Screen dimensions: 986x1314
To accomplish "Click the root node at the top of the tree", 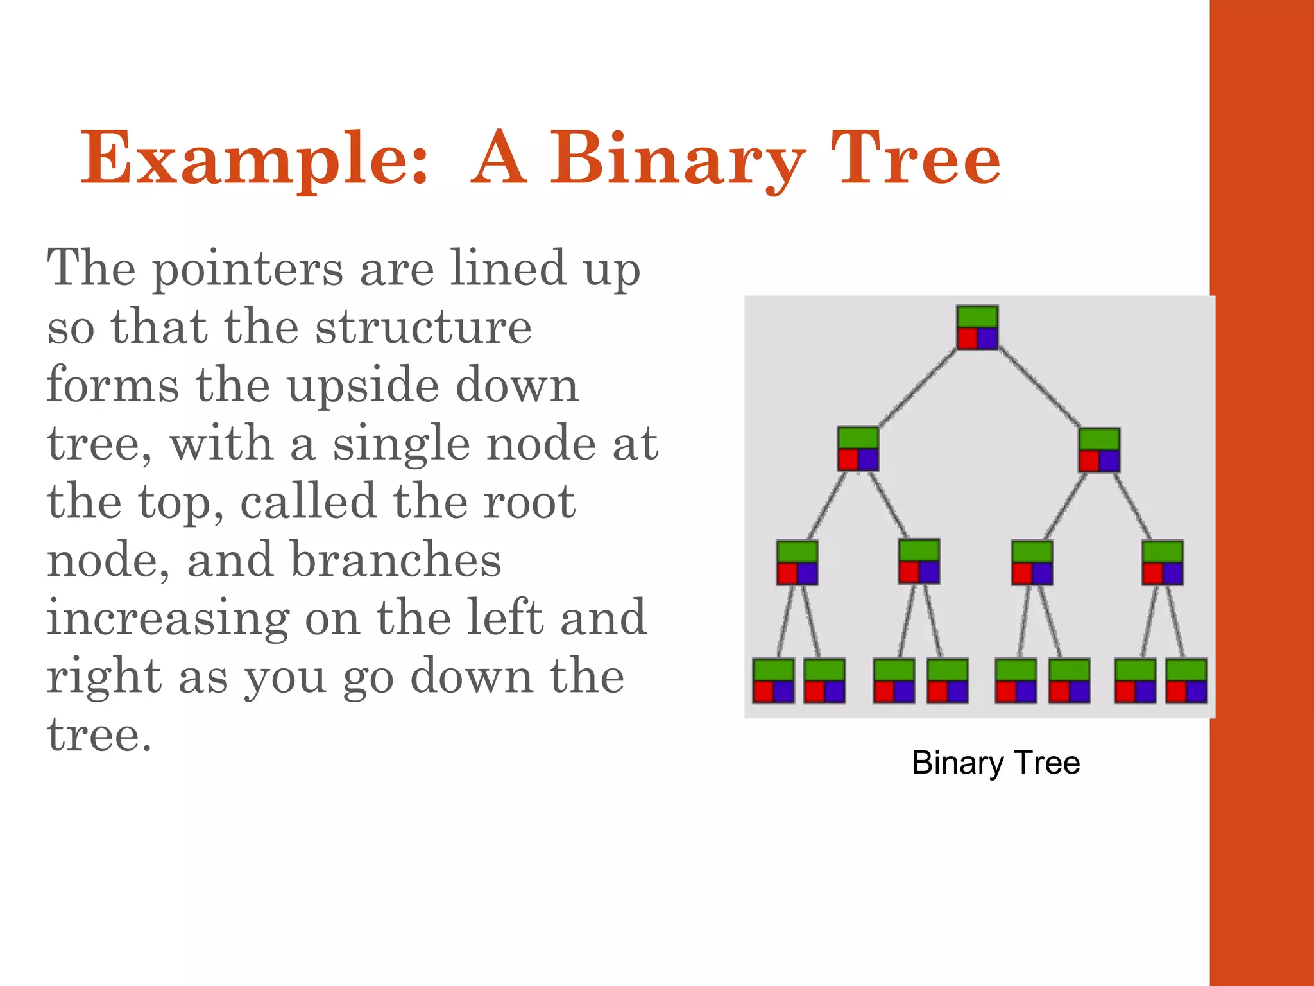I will click(977, 327).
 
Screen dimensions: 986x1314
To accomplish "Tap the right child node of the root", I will click(1099, 450).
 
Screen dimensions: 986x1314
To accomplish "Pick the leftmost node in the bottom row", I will click(773, 680).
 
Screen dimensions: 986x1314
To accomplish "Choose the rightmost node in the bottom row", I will click(1186, 680).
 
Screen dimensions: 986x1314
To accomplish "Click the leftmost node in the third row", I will click(797, 562).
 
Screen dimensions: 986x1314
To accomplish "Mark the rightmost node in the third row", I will click(1162, 562).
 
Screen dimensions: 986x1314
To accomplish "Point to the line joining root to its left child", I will click(917, 388).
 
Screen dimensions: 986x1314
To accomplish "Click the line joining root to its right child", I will click(1039, 388).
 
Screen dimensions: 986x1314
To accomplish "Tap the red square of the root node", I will click(967, 338).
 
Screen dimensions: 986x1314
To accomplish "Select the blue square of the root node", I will click(987, 338).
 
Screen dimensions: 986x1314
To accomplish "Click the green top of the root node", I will click(977, 317).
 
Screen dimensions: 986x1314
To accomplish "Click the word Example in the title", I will click(254, 159).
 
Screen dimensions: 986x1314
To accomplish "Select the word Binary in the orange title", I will click(678, 159).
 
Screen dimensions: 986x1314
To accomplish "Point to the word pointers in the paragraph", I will click(248, 270).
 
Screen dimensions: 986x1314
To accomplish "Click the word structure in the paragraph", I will click(423, 327).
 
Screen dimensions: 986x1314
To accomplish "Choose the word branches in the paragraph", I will click(395, 560).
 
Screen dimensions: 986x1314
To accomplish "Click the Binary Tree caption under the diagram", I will click(996, 763).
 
